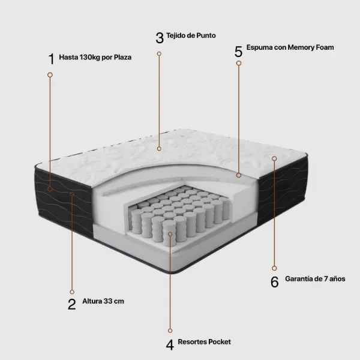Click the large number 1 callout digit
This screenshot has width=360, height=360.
[x=52, y=59]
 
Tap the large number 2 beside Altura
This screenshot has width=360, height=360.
[x=72, y=304]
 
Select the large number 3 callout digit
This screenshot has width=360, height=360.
[x=160, y=38]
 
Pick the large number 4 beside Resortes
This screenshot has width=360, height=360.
[x=170, y=345]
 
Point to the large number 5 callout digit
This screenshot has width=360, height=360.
[x=239, y=52]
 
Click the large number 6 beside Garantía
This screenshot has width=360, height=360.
[x=275, y=282]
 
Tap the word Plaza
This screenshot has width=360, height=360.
[x=122, y=57]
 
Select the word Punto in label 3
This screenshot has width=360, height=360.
[x=206, y=35]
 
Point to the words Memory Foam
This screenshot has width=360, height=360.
[x=311, y=47]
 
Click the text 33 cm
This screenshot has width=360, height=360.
[x=113, y=301]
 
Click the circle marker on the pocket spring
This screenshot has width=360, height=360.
[x=170, y=234]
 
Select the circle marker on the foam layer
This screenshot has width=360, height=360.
[x=239, y=175]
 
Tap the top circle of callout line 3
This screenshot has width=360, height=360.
[x=159, y=54]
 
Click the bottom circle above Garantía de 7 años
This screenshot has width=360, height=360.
[x=274, y=268]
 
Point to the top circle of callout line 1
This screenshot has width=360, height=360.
[x=50, y=75]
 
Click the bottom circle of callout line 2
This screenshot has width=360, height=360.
[x=72, y=292]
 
